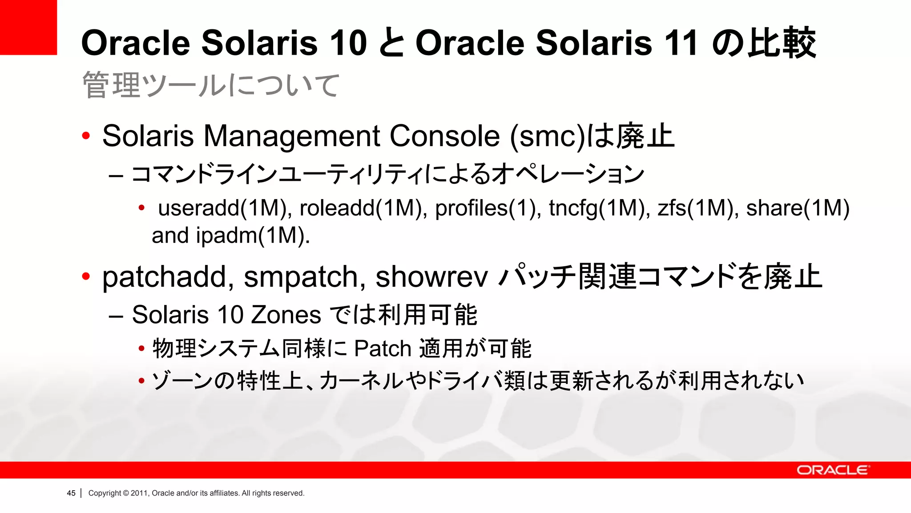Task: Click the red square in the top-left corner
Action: point(28,27)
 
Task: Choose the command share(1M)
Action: point(798,208)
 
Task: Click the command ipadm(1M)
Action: point(253,236)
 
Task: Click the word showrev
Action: point(431,277)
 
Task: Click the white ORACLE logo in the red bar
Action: point(833,470)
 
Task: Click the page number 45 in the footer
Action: point(71,493)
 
